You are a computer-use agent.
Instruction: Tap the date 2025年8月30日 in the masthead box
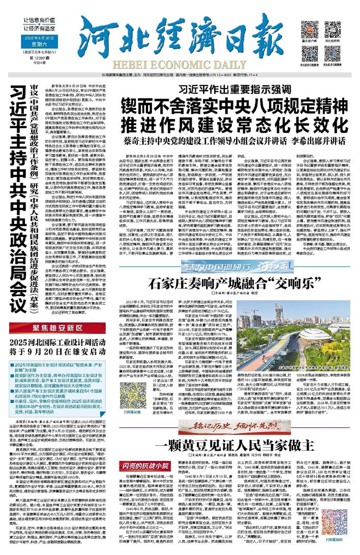pyautogui.click(x=35, y=38)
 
